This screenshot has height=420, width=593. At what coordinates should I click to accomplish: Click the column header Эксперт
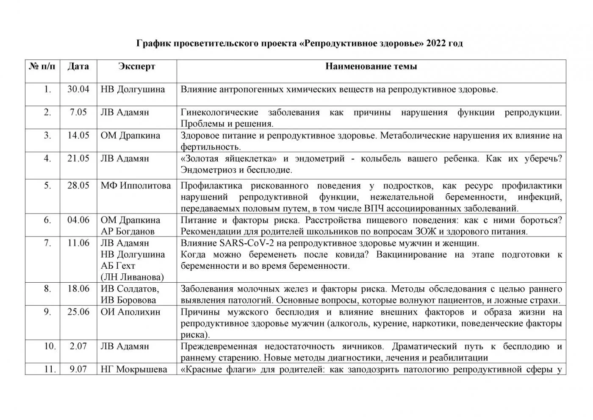point(136,67)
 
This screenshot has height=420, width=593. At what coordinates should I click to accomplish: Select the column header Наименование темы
point(371,67)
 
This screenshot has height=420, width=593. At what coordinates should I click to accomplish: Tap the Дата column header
point(78,67)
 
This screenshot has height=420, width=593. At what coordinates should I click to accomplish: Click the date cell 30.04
point(78,89)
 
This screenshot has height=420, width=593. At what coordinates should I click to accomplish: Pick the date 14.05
point(78,136)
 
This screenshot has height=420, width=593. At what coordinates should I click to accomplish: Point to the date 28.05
point(78,186)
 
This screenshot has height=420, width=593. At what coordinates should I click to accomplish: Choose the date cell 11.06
point(78,243)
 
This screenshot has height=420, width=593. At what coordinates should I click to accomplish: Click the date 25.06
point(78,312)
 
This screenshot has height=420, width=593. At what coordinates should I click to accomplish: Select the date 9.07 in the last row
point(78,369)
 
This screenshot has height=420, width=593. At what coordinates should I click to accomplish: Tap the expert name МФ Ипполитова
point(136,186)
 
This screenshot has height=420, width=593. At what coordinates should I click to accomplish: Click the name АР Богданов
point(127,231)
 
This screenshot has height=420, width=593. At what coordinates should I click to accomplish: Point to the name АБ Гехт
point(118,266)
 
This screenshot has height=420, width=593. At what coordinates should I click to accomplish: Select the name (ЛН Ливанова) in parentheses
point(132,277)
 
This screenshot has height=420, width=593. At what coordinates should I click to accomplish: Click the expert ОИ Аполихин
point(130,312)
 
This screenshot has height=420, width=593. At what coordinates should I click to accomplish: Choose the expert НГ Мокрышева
point(134,369)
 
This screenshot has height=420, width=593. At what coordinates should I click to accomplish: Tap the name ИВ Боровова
point(128,300)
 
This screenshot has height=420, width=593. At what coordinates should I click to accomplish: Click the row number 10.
point(50,346)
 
